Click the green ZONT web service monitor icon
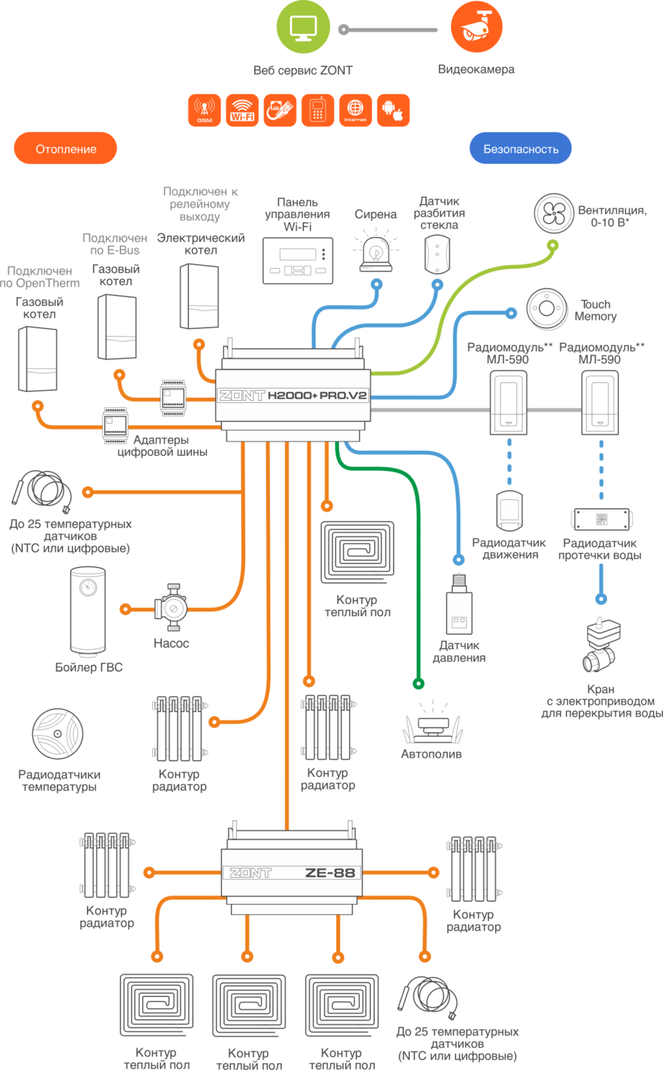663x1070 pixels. [303, 28]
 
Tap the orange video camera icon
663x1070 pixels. [477, 27]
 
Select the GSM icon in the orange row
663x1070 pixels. [205, 111]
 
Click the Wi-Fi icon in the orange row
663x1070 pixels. [243, 111]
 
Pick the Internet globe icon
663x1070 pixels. [355, 111]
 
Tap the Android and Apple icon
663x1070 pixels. [393, 111]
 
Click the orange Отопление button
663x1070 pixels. [66, 148]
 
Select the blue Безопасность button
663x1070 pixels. [520, 148]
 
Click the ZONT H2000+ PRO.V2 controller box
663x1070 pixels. [293, 394]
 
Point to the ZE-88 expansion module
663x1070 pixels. [291, 872]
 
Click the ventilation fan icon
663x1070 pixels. [554, 213]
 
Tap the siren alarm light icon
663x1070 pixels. [376, 252]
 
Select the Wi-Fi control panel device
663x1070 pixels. [298, 260]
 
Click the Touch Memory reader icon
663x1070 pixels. [547, 309]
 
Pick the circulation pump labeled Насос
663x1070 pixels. [171, 608]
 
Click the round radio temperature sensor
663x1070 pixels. [58, 734]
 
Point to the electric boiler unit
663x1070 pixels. [199, 296]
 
